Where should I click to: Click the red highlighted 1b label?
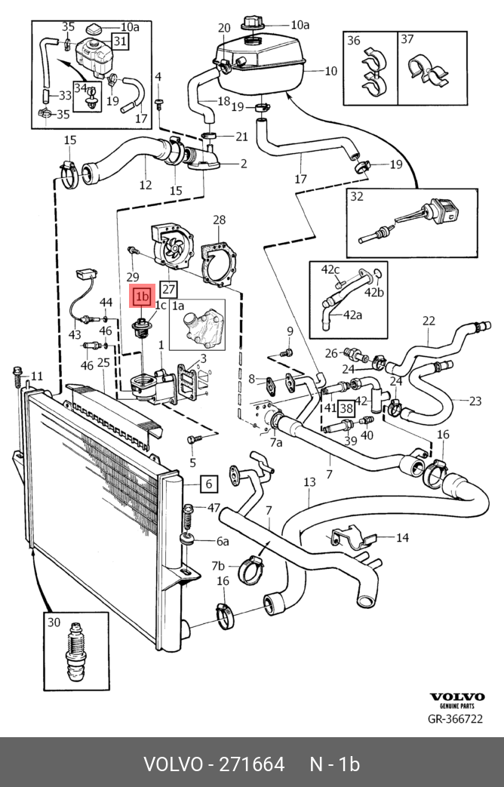tap(142, 297)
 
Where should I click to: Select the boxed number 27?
tap(168, 289)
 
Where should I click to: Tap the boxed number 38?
tap(346, 408)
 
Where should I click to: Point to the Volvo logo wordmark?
tap(456, 697)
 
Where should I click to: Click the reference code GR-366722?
tap(455, 719)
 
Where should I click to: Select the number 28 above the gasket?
tap(219, 220)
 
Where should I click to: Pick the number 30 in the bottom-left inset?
tap(54, 623)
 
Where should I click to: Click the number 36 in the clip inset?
tap(353, 41)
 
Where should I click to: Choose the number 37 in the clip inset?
tap(407, 40)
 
